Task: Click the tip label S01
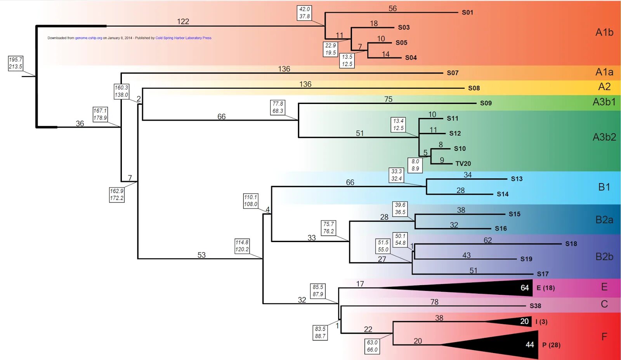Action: pos(467,12)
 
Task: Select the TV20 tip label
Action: pos(463,164)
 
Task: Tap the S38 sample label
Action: pos(535,306)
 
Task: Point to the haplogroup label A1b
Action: pos(604,32)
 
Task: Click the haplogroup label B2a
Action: pos(604,220)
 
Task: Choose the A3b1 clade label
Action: pos(604,102)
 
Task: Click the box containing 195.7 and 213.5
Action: pos(16,63)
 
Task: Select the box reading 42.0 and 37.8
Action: pos(304,13)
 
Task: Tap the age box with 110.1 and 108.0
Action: pos(251,201)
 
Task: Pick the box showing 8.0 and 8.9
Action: pos(415,165)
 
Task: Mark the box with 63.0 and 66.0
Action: pos(372,346)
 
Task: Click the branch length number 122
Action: pos(183,21)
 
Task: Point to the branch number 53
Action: pos(201,255)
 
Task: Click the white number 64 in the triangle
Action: pos(524,288)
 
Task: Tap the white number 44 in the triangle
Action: pos(530,344)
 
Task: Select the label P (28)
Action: pos(551,345)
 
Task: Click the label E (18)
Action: pos(546,288)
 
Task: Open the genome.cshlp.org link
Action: pos(88,38)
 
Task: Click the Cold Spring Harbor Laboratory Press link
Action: pos(183,38)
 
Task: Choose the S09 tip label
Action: pos(486,103)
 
